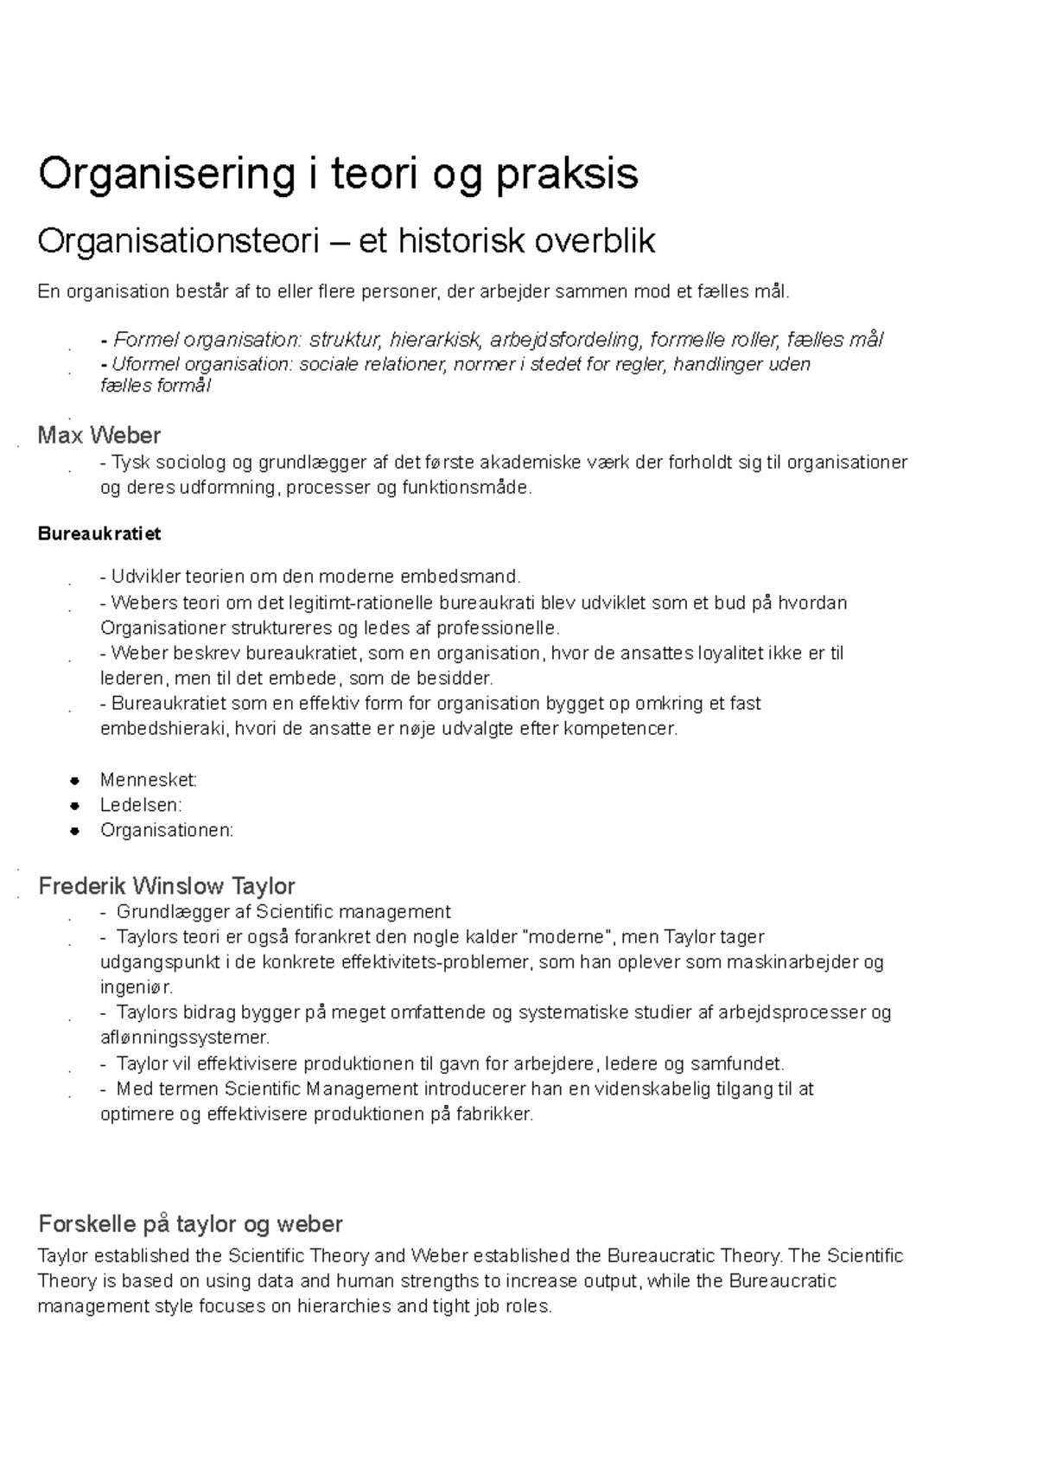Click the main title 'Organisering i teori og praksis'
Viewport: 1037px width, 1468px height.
pyautogui.click(x=338, y=174)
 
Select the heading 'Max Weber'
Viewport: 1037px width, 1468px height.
pyautogui.click(x=99, y=435)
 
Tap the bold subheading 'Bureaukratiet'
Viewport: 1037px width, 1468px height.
pyautogui.click(x=99, y=534)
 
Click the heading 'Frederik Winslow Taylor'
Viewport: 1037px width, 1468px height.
pyautogui.click(x=167, y=886)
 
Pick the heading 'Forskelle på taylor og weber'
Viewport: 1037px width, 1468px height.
pyautogui.click(x=190, y=1224)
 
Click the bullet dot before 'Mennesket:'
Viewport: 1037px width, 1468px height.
pyautogui.click(x=76, y=780)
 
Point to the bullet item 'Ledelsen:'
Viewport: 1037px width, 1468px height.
pyautogui.click(x=141, y=805)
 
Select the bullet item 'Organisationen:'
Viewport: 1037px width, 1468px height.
pyautogui.click(x=167, y=830)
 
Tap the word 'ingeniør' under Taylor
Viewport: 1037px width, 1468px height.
pyautogui.click(x=136, y=986)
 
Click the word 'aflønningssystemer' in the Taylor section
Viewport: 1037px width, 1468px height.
pyautogui.click(x=184, y=1037)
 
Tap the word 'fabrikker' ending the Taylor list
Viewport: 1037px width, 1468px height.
pyautogui.click(x=498, y=1114)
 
